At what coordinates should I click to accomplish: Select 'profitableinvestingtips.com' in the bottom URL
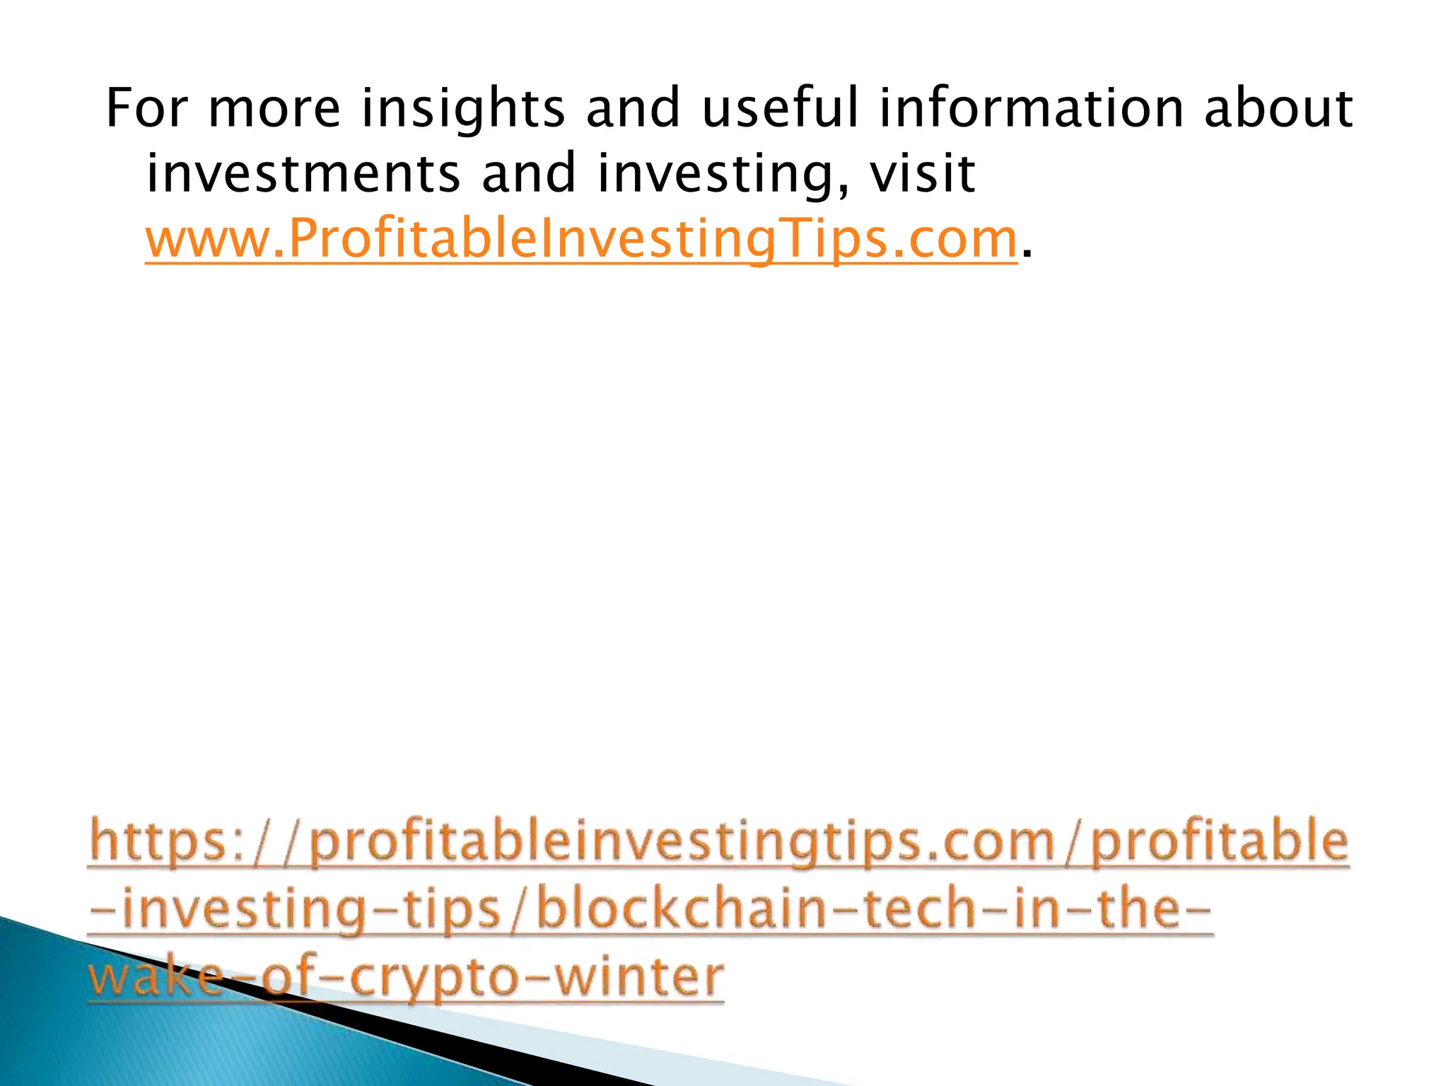point(682,842)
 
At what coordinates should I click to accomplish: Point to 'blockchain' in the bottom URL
point(682,909)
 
